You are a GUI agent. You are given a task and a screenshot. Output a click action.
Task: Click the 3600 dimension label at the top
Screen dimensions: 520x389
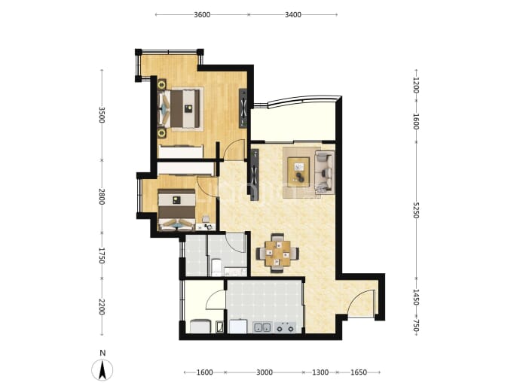click(202, 14)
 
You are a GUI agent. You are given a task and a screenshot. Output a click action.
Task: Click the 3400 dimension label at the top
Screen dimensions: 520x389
click(293, 14)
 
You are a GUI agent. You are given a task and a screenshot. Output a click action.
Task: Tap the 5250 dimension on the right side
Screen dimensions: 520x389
click(416, 210)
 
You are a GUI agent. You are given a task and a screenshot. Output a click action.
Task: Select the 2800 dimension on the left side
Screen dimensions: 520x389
click(102, 196)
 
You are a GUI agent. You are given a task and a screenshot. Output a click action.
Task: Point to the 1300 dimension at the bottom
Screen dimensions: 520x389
click(320, 372)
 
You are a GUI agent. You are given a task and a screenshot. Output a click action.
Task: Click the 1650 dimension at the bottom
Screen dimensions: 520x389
click(359, 372)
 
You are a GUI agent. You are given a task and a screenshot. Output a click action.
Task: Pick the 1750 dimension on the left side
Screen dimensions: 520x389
click(102, 256)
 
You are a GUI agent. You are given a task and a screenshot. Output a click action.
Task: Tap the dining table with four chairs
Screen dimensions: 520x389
click(277, 254)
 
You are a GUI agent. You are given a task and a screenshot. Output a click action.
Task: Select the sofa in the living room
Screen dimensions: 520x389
click(324, 172)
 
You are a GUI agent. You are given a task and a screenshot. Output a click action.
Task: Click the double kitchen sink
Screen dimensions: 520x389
click(262, 327)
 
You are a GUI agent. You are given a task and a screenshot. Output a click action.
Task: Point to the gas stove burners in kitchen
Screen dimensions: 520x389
click(286, 327)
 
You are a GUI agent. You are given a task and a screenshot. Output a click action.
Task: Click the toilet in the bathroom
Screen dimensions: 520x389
click(216, 267)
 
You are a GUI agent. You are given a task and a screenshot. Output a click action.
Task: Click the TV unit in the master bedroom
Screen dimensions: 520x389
click(243, 108)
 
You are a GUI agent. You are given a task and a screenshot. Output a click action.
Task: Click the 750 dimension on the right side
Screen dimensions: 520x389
click(416, 327)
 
